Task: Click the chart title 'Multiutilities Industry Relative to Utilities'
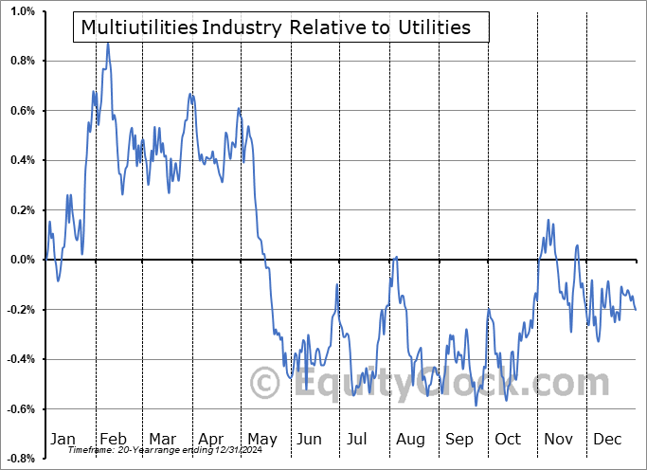pos(276,27)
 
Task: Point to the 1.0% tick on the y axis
pos(23,11)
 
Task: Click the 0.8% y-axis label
pos(23,61)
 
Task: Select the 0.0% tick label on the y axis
pos(23,260)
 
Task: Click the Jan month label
pos(63,439)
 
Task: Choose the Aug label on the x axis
pos(410,439)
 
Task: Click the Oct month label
pos(508,439)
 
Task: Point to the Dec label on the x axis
pos(605,439)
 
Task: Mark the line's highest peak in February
pos(107,43)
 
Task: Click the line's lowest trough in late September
pos(476,406)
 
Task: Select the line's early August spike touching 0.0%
pos(395,257)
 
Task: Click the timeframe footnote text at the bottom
pos(156,451)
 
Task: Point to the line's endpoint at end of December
pos(636,309)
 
